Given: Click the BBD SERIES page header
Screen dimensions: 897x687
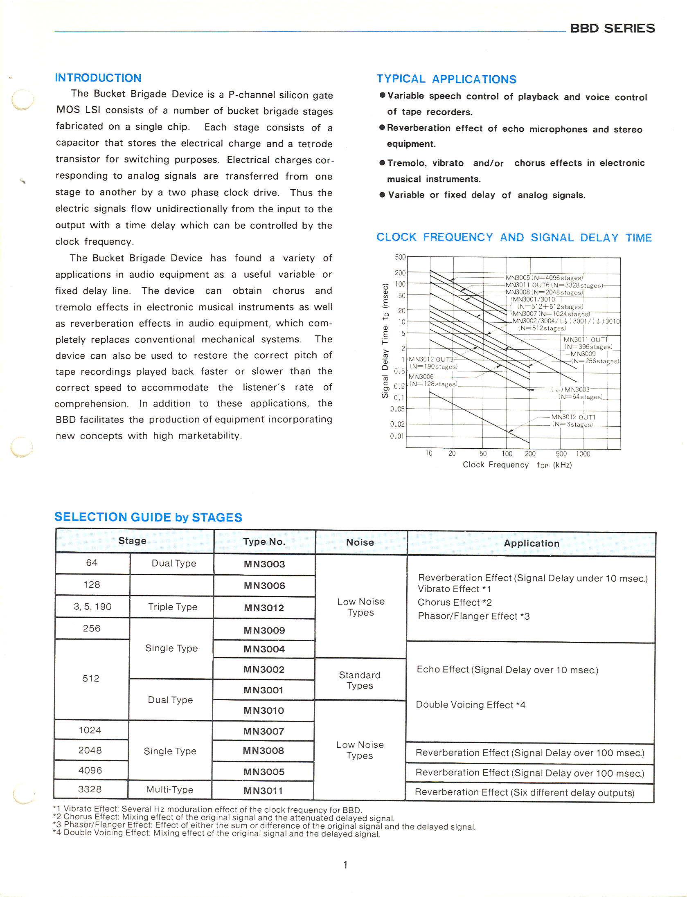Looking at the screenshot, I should pos(612,28).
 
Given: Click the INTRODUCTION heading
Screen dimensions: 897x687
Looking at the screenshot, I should pos(98,78).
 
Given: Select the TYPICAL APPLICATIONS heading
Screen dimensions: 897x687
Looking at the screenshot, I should pos(446,79).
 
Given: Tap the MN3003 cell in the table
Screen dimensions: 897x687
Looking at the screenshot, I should pos(264,564).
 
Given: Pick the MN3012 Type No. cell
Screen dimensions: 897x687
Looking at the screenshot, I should pos(264,608).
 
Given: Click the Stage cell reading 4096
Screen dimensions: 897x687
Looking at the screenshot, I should pos(90,770).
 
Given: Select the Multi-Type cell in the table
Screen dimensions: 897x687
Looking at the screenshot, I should pos(170,789).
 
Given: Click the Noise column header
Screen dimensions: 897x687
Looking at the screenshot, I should pos(360,542).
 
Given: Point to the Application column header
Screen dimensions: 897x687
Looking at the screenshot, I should pos(531,543).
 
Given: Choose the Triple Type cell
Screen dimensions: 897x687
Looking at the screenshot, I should pos(173,607).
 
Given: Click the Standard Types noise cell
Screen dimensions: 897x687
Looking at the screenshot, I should pos(360,680).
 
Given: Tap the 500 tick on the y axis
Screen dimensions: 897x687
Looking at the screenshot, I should pos(400,257).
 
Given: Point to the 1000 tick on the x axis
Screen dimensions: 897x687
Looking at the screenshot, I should pos(583,454).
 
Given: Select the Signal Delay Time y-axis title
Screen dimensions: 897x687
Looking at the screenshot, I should pos(385,341).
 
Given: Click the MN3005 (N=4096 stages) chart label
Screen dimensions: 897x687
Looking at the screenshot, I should pos(544,278).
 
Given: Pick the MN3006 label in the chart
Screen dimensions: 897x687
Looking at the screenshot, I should pos(421,376).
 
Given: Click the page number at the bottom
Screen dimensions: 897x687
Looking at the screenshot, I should pos(345,865).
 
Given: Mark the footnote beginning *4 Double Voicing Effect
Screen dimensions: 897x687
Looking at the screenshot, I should pos(216,834).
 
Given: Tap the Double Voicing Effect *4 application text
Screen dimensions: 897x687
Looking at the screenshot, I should pos(471,705).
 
